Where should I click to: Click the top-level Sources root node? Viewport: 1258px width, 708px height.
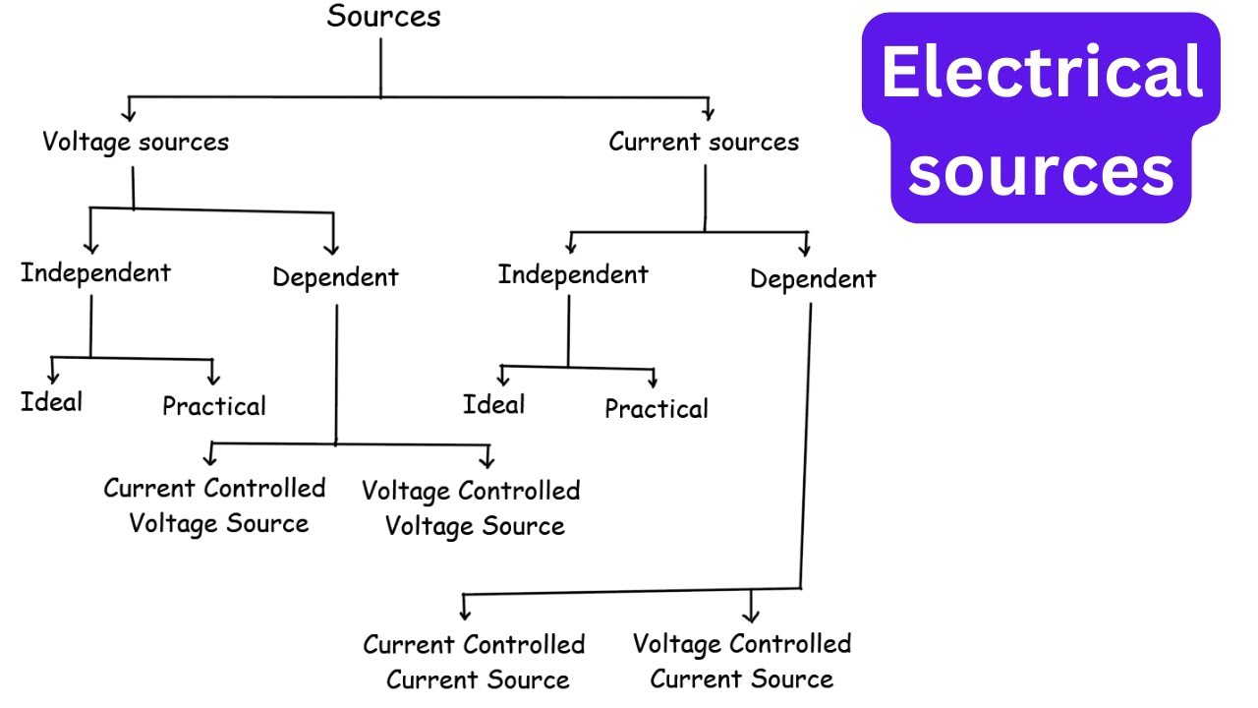(x=383, y=17)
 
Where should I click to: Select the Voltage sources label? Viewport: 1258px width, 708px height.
(x=136, y=142)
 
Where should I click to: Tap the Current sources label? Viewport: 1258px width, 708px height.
(x=704, y=142)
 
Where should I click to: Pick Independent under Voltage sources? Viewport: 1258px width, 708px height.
(x=95, y=272)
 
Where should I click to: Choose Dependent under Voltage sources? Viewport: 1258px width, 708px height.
(x=335, y=277)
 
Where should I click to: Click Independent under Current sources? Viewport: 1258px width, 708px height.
(x=573, y=274)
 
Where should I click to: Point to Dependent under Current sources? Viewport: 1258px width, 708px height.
(x=813, y=279)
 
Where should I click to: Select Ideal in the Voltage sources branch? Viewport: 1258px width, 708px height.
(x=51, y=401)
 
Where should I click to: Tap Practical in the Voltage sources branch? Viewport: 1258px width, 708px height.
(x=213, y=406)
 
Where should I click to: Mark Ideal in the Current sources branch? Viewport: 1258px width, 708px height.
(x=493, y=404)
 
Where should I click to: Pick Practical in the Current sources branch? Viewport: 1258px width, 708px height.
(x=656, y=409)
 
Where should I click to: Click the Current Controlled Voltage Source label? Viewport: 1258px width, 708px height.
(x=216, y=505)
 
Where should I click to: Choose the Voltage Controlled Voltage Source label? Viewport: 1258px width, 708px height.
(x=472, y=507)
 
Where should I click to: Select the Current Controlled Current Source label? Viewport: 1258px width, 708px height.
(x=475, y=662)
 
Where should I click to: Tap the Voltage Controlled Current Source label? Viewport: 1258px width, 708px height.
(x=742, y=661)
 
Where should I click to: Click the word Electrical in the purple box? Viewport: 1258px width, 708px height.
(x=1042, y=74)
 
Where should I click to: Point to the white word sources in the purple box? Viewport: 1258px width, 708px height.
(x=1042, y=169)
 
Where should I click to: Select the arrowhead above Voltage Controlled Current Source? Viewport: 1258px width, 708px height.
(x=751, y=616)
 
